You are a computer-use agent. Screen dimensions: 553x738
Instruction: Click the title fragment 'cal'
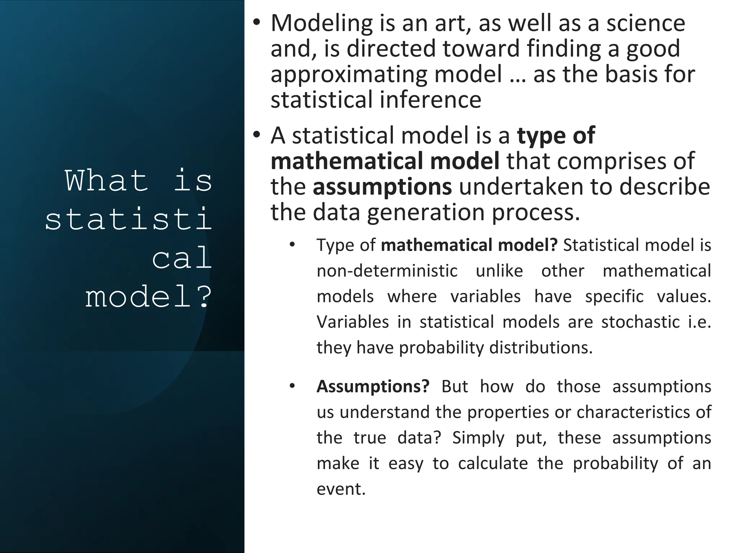(x=182, y=258)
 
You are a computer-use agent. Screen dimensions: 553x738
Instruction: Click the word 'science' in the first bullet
(x=645, y=23)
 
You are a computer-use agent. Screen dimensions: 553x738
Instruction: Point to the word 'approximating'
(x=349, y=75)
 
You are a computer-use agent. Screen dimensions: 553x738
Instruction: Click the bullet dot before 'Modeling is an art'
(x=256, y=22)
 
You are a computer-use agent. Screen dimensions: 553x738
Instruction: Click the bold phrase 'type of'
(x=556, y=136)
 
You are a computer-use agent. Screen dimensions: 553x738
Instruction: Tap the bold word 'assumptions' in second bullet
(x=382, y=187)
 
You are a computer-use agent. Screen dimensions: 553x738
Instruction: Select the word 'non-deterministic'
(x=387, y=271)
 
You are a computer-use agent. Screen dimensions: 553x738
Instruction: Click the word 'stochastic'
(x=640, y=322)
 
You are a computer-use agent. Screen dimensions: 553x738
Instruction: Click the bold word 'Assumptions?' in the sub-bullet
(x=373, y=387)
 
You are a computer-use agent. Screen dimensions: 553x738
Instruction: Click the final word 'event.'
(x=341, y=489)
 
